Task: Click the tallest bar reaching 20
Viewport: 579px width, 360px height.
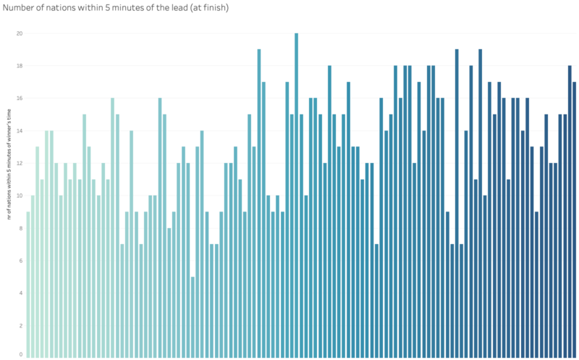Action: coord(296,196)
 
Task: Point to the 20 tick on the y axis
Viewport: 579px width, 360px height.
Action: coord(20,33)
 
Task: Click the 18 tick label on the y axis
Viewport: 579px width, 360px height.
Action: coord(20,66)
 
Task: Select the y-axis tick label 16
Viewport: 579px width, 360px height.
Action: coord(20,99)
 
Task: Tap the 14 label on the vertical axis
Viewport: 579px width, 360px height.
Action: coord(20,131)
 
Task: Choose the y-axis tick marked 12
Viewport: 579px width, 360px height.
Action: coord(20,163)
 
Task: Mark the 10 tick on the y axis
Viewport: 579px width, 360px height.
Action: coord(20,196)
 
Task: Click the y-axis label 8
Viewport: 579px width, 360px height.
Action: coord(21,228)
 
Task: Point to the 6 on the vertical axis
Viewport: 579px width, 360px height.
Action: coord(21,261)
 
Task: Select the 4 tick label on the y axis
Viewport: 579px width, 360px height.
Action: coord(21,293)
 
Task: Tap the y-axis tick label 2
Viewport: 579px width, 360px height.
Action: coord(21,325)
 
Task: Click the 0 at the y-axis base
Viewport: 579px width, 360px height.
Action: coord(21,354)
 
